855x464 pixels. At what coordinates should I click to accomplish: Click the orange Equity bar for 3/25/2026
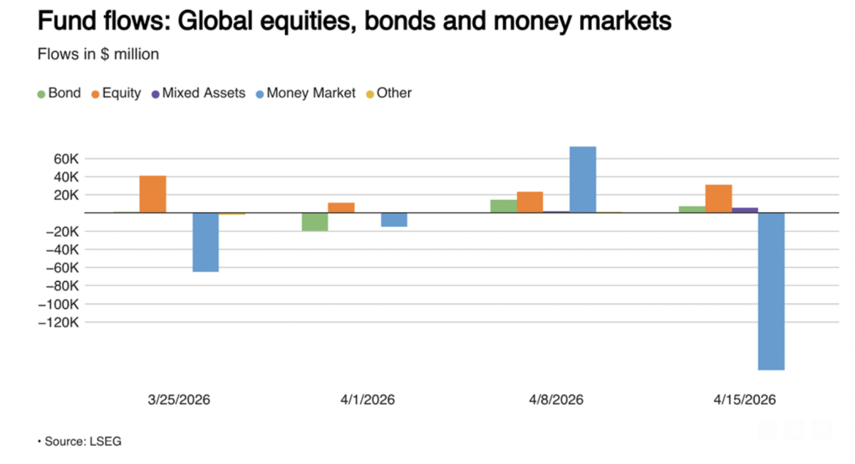coord(152,194)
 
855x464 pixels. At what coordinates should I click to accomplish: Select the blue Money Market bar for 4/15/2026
coord(771,291)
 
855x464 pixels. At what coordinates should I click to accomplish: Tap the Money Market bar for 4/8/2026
coord(583,179)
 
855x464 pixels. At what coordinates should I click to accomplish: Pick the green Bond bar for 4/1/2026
coord(315,221)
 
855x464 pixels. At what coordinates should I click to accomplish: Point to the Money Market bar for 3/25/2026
coord(206,242)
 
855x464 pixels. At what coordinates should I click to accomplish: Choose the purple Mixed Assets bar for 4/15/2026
coord(745,210)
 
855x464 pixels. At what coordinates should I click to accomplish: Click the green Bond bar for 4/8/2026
coord(504,206)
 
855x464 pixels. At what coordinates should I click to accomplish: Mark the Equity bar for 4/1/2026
coord(341,207)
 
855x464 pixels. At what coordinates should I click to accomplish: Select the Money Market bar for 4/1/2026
coord(394,219)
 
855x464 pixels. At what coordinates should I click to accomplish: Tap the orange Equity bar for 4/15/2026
coord(718,199)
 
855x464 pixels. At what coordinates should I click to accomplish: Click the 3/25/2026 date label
coord(179,400)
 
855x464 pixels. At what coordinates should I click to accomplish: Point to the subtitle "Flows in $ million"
coord(98,54)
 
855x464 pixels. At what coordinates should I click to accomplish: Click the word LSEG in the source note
coord(105,441)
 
